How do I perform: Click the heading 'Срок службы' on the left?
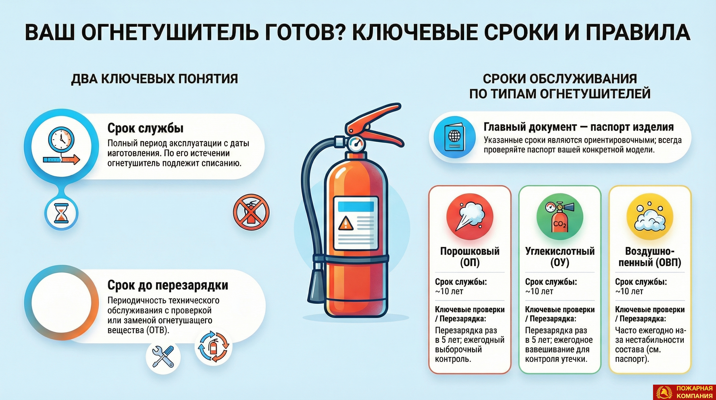click(x=145, y=128)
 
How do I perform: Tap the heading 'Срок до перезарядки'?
click(x=168, y=285)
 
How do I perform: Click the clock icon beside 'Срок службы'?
click(x=61, y=146)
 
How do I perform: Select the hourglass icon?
click(x=61, y=213)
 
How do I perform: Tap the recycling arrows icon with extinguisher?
click(x=213, y=346)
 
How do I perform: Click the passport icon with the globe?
click(x=455, y=137)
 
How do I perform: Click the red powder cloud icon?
click(x=470, y=217)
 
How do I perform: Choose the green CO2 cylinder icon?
click(x=560, y=217)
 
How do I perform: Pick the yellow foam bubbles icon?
click(x=650, y=217)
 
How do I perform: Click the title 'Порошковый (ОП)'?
click(x=470, y=257)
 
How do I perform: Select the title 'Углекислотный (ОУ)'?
click(x=560, y=257)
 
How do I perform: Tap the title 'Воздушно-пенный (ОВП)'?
click(x=650, y=257)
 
